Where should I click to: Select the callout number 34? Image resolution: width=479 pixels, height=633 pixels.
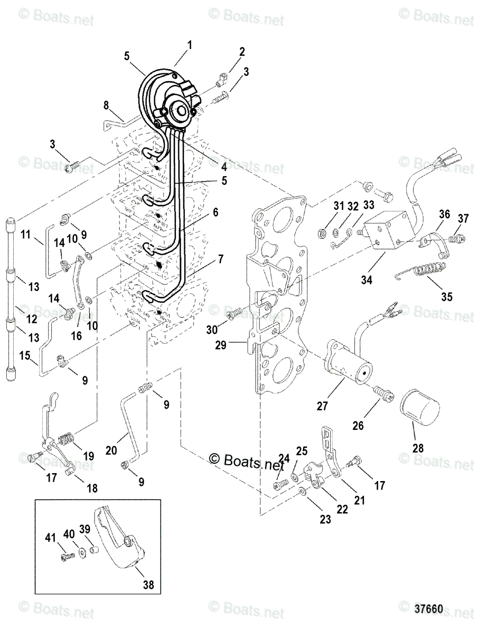tap(367, 280)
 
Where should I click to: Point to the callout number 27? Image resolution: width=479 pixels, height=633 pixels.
tap(336, 406)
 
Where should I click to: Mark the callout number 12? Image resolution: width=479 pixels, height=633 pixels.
tap(32, 319)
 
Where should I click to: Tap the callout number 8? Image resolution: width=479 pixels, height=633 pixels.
tap(106, 105)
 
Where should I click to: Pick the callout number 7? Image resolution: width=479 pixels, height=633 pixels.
tap(220, 259)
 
